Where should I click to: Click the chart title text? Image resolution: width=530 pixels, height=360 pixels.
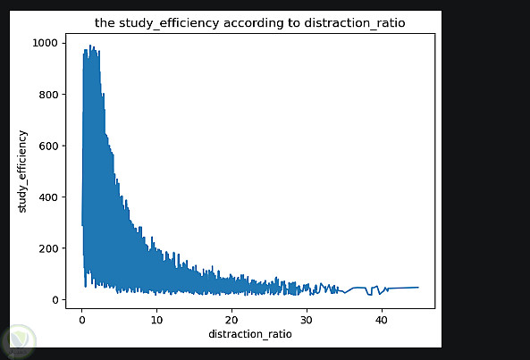249,23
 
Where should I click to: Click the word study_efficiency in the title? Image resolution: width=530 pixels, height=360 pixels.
169,23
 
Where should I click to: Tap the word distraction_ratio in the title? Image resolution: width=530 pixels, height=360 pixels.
355,23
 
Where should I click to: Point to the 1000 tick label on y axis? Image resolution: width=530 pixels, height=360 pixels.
45,43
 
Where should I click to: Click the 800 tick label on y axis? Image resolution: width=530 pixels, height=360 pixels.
48,95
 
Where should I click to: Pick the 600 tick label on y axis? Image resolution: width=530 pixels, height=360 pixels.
48,146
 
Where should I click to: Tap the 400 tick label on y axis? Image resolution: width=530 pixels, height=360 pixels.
48,197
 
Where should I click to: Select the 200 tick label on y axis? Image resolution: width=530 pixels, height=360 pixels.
48,248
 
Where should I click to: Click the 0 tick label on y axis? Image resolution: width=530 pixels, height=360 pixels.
55,300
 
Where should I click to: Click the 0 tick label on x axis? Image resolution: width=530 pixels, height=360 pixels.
82,320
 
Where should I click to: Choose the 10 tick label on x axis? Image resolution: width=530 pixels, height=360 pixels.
156,320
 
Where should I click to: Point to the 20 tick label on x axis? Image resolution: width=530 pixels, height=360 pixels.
231,320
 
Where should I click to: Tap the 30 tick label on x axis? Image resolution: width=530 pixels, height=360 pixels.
307,320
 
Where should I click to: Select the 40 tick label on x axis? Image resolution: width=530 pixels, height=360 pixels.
382,320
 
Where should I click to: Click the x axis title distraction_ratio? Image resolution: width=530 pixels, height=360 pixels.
250,334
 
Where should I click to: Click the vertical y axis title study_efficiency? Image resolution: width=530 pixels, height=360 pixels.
22,172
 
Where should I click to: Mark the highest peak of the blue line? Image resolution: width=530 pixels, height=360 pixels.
90,46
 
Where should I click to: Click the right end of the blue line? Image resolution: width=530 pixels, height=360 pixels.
418,287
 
